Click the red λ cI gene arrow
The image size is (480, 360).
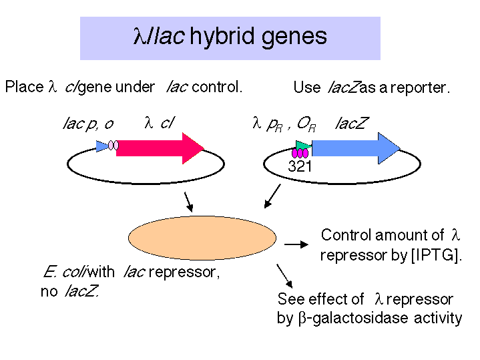point(160,148)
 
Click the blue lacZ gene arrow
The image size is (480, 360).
point(356,148)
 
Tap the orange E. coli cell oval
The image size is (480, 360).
point(202,238)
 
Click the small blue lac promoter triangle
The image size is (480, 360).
point(102,146)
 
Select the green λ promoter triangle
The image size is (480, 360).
point(303,146)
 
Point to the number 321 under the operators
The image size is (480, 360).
point(300,166)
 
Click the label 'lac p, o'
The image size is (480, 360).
point(88,124)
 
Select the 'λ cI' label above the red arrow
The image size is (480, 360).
point(159,123)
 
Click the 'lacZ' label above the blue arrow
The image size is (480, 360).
point(352,124)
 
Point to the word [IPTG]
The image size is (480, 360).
point(436,255)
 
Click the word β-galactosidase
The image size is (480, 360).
point(353,318)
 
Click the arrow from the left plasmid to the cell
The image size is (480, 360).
point(188,202)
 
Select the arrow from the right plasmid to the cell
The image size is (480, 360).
point(272,196)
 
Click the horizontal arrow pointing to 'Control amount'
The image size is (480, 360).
point(296,244)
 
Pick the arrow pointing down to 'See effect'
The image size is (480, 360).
point(284,276)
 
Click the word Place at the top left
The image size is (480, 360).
point(25,87)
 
